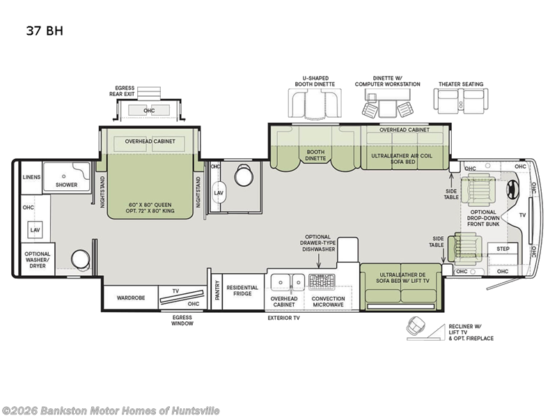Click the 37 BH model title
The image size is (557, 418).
(x=45, y=31)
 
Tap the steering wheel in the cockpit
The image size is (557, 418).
(x=512, y=189)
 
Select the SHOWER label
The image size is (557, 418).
(x=66, y=185)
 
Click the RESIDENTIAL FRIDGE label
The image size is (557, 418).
(x=242, y=291)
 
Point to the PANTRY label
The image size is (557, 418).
(x=217, y=290)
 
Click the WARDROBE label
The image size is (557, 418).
(x=131, y=298)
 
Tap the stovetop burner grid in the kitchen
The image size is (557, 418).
(x=322, y=282)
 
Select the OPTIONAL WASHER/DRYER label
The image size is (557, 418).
(x=38, y=260)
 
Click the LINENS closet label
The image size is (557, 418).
(x=31, y=177)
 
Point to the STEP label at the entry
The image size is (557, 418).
(x=503, y=249)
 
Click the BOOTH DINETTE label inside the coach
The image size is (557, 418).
(x=315, y=155)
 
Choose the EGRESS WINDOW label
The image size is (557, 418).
(x=182, y=320)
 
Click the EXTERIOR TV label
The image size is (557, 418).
(x=283, y=318)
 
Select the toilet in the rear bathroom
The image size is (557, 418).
(x=81, y=259)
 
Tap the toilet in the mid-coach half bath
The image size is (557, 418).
(x=244, y=175)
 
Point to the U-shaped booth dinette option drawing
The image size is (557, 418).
(x=315, y=103)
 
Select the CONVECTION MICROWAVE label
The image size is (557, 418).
(x=328, y=302)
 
